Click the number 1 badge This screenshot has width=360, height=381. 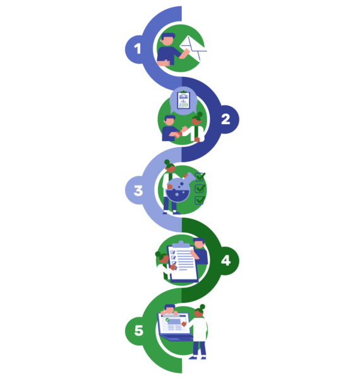click(x=138, y=49)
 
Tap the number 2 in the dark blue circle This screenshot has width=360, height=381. click(x=225, y=119)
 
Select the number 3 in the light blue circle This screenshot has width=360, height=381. click(x=138, y=190)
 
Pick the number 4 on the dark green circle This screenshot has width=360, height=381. click(x=226, y=261)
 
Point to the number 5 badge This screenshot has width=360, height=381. click(x=139, y=331)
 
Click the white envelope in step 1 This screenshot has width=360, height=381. click(x=194, y=48)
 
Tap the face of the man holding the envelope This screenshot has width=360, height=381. click(x=167, y=41)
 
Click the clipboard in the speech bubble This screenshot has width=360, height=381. click(x=183, y=100)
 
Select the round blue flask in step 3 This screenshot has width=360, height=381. click(x=178, y=190)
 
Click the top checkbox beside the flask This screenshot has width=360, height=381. click(x=200, y=177)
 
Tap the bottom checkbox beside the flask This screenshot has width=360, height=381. click(x=200, y=200)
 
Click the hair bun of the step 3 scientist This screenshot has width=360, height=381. click(x=167, y=162)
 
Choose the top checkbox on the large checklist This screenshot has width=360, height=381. click(x=173, y=252)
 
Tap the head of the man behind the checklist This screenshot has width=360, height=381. click(x=199, y=243)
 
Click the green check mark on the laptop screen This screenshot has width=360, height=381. click(x=167, y=320)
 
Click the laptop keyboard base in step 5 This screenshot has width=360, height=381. click(x=176, y=337)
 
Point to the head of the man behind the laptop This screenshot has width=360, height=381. click(x=169, y=309)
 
